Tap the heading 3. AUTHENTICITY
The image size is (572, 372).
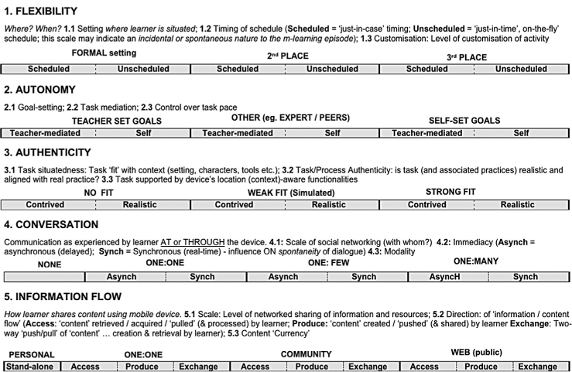[47, 152]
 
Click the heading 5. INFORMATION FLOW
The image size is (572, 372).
[63, 296]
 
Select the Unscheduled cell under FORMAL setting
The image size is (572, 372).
[143, 69]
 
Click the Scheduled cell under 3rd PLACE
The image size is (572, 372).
[427, 69]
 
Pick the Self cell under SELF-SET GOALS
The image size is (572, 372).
[522, 133]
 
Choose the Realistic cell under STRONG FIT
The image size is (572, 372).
[517, 205]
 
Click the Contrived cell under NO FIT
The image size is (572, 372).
[46, 205]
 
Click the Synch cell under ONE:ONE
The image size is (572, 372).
[202, 277]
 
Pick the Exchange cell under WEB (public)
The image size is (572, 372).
[537, 366]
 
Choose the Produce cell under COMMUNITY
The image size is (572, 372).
[311, 366]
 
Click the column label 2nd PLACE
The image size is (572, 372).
[288, 56]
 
